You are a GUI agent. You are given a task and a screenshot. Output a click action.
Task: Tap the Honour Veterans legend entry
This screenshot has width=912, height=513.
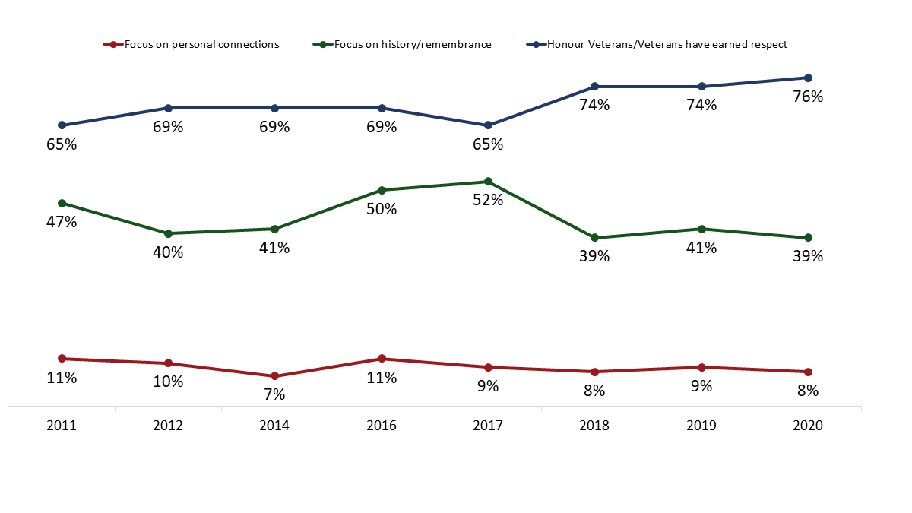coord(661,44)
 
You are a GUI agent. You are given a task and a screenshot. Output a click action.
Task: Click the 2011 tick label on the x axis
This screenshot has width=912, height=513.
coord(62,427)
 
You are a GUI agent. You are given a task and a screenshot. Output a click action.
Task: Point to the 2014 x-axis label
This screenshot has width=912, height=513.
coord(274,427)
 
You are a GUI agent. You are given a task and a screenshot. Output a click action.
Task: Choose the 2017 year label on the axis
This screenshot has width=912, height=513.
coord(488,427)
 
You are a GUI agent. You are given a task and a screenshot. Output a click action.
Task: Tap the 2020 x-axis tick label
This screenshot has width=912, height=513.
coord(808,427)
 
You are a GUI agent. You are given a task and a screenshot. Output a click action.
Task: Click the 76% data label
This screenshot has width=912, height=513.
coord(808,97)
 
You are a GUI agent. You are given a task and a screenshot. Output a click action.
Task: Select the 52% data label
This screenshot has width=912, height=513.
coord(488,201)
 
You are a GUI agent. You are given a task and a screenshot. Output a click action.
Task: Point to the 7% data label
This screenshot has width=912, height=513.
coord(274,395)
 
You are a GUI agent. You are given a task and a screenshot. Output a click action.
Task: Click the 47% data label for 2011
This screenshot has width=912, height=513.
coord(62,222)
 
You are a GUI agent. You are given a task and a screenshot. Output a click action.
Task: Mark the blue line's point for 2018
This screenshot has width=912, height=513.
coord(594,87)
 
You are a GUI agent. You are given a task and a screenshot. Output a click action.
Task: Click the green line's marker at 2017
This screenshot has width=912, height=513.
coord(488,182)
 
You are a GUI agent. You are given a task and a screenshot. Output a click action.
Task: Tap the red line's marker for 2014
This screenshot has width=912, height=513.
coord(274,376)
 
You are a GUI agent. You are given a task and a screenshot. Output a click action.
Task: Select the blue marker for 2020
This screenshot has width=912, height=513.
coord(808,78)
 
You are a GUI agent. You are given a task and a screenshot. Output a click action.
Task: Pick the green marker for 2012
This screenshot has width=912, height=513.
coord(168,233)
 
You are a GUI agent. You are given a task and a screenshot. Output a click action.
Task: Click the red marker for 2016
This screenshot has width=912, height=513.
coord(382,359)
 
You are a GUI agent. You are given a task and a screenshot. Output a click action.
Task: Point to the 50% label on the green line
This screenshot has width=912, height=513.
coord(382,209)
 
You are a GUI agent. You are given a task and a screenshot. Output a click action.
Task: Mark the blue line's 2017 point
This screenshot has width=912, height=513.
coord(488,125)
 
